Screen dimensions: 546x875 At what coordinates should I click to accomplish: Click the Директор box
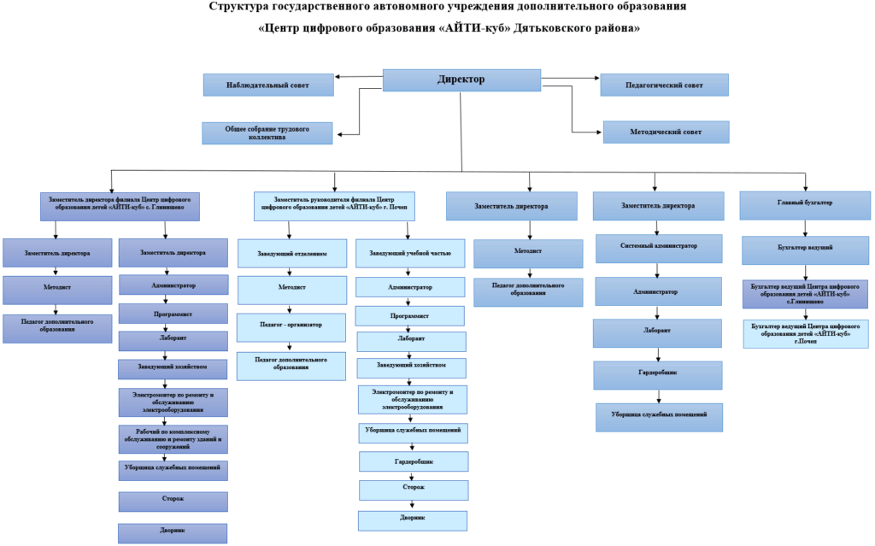(x=461, y=79)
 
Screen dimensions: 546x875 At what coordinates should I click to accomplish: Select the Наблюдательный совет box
(x=267, y=85)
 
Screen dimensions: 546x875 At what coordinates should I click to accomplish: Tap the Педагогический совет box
(x=664, y=85)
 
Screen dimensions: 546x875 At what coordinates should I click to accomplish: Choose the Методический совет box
(x=666, y=132)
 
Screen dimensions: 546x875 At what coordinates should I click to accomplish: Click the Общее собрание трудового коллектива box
(x=267, y=132)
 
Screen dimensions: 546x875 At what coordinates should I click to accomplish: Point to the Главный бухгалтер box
(x=805, y=205)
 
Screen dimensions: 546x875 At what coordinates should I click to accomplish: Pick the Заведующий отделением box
(x=291, y=254)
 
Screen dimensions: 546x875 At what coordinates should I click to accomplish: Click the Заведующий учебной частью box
(x=410, y=254)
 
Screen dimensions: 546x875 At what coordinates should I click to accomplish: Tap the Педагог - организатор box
(x=291, y=326)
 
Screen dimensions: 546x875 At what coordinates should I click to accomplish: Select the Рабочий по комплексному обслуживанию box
(x=173, y=437)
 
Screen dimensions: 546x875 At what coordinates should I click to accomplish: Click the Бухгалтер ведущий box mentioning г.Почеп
(x=805, y=332)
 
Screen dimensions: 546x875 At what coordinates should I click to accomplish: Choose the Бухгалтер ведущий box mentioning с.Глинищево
(x=805, y=293)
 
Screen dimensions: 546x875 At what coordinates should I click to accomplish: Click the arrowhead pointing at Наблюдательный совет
(x=338, y=77)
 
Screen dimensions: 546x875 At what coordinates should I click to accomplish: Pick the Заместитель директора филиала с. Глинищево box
(x=120, y=205)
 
